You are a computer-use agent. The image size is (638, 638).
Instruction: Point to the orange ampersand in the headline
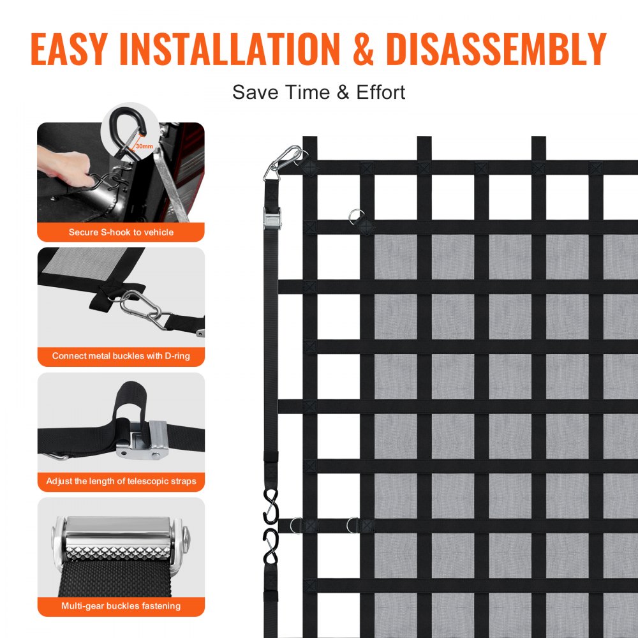point(363,49)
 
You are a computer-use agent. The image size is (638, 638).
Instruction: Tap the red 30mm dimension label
point(144,147)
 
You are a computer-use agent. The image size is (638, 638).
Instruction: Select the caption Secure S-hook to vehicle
point(121,232)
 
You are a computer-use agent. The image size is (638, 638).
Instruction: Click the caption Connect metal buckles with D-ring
point(121,356)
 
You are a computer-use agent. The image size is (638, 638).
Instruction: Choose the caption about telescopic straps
point(121,481)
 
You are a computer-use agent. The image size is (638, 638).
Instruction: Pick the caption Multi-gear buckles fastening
point(121,605)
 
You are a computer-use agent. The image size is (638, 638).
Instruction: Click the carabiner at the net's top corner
point(285,162)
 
